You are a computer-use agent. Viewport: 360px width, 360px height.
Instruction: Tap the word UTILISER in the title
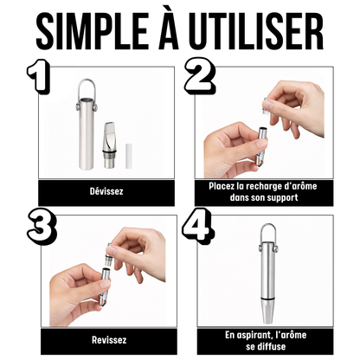(260, 34)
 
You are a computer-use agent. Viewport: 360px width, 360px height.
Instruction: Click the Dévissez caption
(106, 190)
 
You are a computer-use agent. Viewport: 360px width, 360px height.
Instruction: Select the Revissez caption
(106, 340)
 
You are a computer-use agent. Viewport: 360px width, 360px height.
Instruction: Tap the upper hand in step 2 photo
(294, 100)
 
